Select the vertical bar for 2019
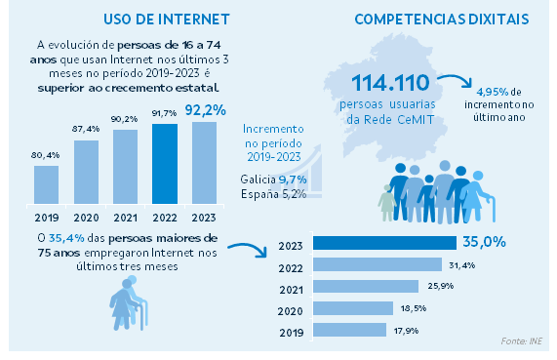[x=47, y=184]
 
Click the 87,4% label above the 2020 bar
[x=86, y=129]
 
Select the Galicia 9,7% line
[x=274, y=179]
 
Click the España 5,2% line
[x=274, y=194]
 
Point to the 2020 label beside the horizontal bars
[x=290, y=309]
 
